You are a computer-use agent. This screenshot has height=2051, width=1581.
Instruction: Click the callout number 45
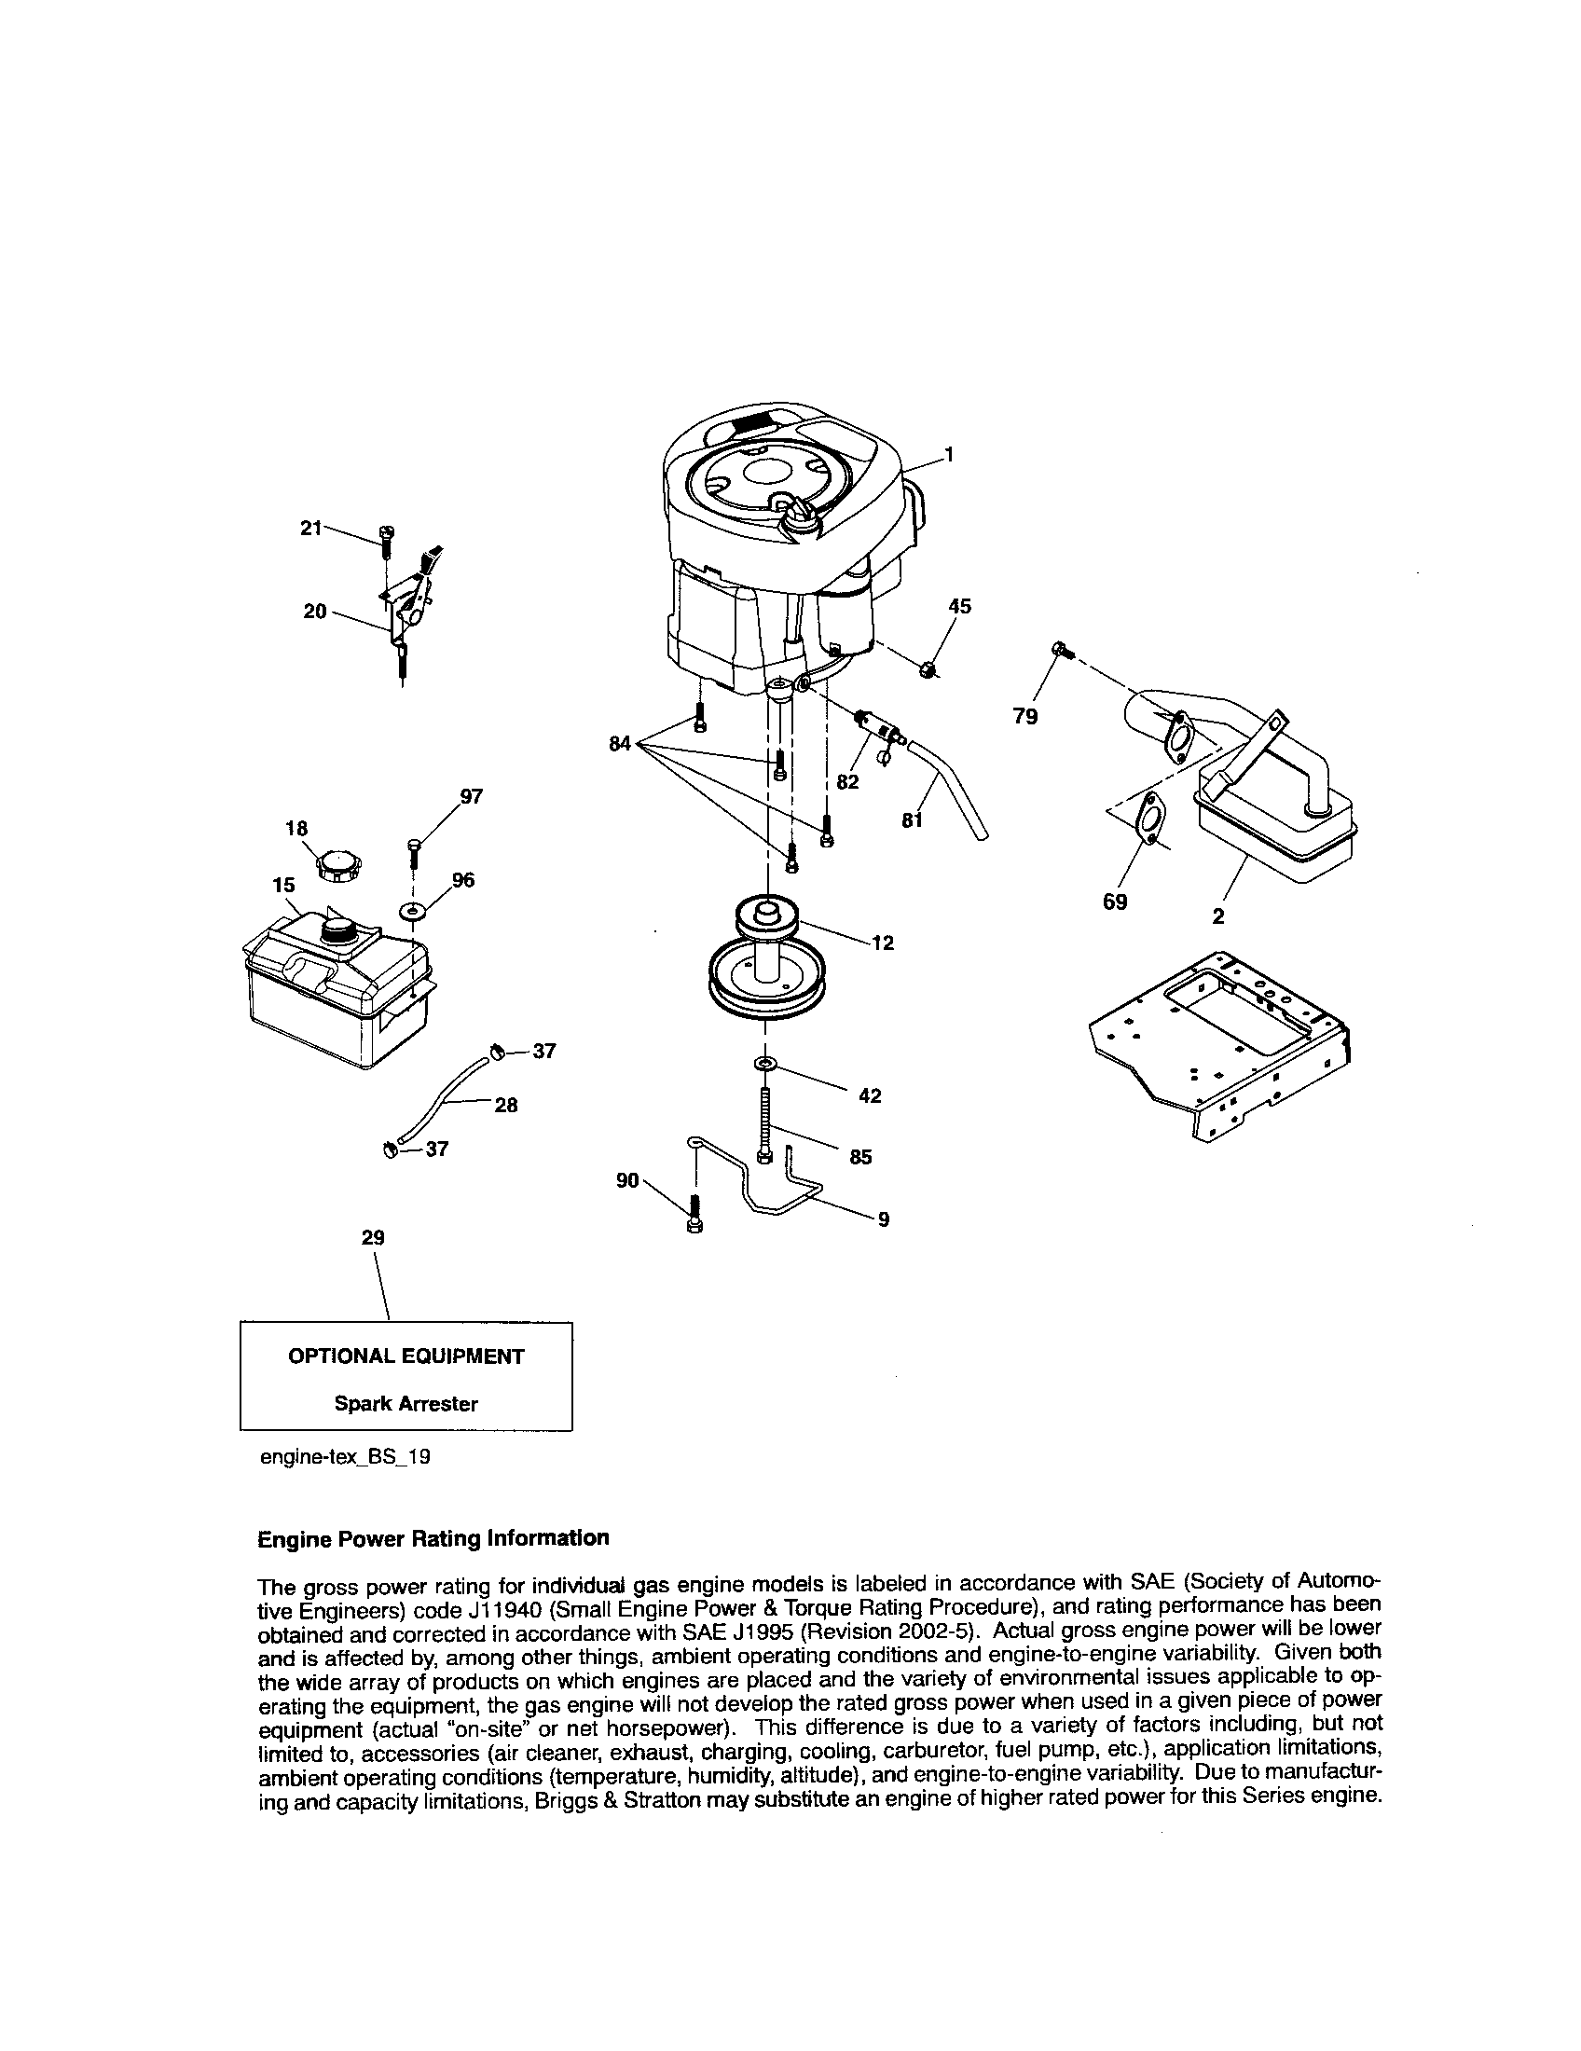[959, 607]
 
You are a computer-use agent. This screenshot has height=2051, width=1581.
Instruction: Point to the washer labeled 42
[765, 1062]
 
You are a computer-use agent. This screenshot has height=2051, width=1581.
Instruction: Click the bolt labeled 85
[765, 1124]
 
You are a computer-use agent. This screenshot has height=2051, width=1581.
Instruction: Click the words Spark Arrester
[406, 1404]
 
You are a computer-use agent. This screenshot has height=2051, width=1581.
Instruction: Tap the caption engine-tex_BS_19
[345, 1457]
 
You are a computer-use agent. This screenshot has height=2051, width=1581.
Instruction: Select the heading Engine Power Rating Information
[433, 1538]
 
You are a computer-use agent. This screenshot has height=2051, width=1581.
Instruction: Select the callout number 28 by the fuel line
[506, 1106]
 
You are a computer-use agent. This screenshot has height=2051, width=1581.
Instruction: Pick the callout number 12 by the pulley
[883, 943]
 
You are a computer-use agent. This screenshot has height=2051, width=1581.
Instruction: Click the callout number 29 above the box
[373, 1238]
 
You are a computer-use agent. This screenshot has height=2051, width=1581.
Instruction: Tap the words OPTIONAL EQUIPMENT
[406, 1356]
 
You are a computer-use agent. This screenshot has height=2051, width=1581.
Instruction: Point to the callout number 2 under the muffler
[1217, 916]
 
